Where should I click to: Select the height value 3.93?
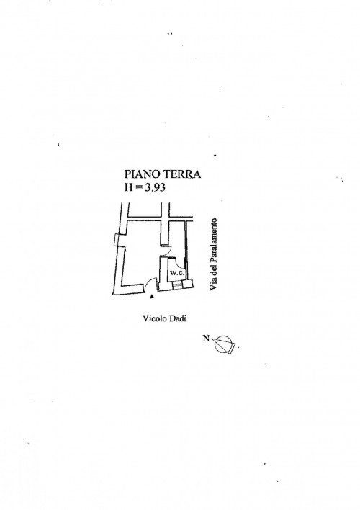click(156, 188)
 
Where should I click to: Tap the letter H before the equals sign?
click(128, 188)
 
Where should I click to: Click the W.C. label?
click(176, 273)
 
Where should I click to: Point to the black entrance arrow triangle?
click(151, 297)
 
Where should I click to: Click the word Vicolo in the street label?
click(154, 318)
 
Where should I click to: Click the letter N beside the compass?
click(206, 339)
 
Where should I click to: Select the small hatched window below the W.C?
click(177, 285)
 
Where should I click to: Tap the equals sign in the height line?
click(138, 188)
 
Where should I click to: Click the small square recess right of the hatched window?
click(187, 285)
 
